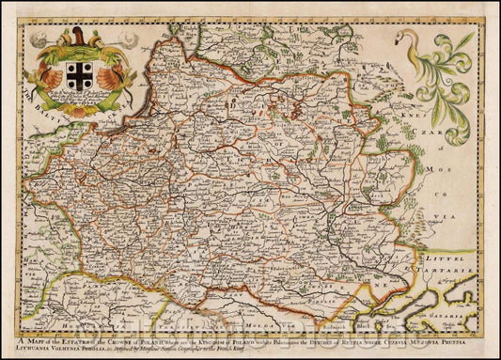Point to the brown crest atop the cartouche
tap(78, 38)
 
